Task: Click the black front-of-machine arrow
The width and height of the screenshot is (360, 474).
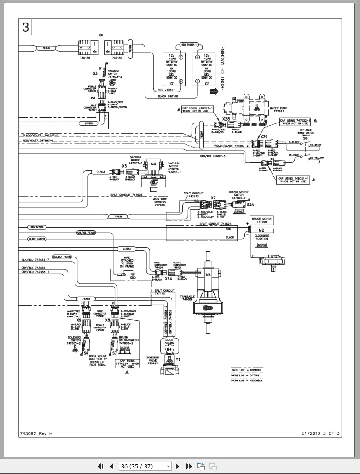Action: coord(214,91)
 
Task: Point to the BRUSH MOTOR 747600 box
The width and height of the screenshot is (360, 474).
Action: coord(261,220)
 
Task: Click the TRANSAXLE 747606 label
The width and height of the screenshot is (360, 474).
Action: coord(187,298)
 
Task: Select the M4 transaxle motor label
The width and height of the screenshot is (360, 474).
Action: coord(208,275)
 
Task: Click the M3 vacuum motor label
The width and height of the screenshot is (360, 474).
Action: coord(153,164)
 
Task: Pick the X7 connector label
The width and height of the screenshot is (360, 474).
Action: coord(213,198)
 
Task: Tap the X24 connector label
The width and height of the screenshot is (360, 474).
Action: coord(168,279)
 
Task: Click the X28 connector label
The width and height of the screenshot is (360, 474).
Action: coord(226,119)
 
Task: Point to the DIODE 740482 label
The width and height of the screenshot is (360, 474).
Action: coord(169,342)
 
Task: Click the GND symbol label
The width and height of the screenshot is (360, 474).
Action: coord(133,278)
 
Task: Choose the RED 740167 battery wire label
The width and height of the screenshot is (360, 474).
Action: coord(167,90)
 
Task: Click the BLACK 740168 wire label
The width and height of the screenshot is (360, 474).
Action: coord(168,96)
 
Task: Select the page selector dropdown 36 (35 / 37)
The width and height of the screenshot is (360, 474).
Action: coord(145,466)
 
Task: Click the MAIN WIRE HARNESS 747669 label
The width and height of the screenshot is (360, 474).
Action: coord(159,202)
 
